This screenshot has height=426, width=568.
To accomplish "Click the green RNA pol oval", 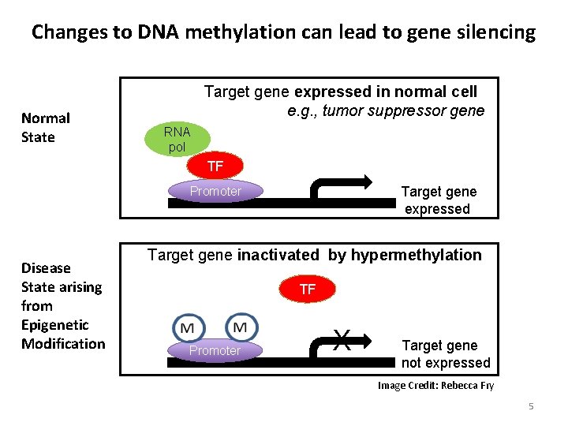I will (177, 139).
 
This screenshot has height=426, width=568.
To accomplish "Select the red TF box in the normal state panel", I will (215, 166).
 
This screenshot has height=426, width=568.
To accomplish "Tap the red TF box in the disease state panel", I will (308, 290).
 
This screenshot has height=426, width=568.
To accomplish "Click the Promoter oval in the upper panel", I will (215, 191).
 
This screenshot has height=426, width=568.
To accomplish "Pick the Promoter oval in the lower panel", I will (215, 350).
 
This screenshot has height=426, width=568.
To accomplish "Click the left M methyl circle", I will (188, 327).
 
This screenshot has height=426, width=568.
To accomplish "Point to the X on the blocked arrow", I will (342, 340).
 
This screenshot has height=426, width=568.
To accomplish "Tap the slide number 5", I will (531, 406).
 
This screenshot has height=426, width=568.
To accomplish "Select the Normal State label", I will (46, 128).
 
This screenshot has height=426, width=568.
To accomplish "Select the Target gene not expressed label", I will (446, 354).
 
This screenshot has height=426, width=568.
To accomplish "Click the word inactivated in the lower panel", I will (278, 255).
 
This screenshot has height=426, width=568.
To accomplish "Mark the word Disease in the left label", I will (46, 268).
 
